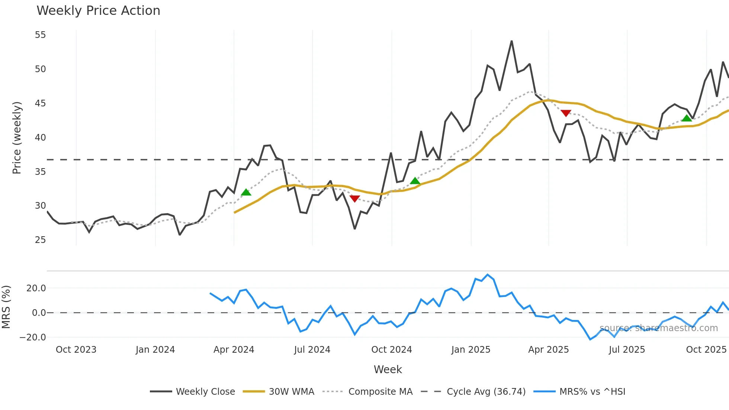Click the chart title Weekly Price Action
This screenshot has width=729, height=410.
point(98,11)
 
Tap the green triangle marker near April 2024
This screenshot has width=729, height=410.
point(246,192)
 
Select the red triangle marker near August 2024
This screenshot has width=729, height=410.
point(355,199)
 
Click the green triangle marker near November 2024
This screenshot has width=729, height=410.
point(415,181)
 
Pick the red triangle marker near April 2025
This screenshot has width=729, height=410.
point(566,113)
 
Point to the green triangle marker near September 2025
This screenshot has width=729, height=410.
point(687,118)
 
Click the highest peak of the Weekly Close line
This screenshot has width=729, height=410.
point(512,41)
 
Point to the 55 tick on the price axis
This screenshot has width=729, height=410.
point(40,35)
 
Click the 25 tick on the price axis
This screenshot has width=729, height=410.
point(40,240)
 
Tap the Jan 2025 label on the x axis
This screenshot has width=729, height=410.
point(471,350)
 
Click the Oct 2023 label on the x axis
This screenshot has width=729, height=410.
point(76,350)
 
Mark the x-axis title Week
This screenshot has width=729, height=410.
point(388,369)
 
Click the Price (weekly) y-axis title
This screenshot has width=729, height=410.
point(17,138)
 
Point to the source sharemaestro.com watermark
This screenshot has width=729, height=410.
point(658,328)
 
